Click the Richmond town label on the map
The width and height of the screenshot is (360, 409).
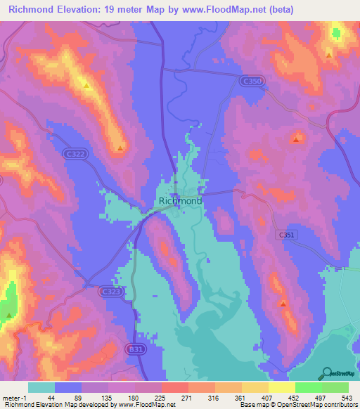[x=181, y=201]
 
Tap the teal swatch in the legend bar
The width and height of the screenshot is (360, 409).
[x=41, y=387]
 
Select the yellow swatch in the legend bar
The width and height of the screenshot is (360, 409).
[x=281, y=387]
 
